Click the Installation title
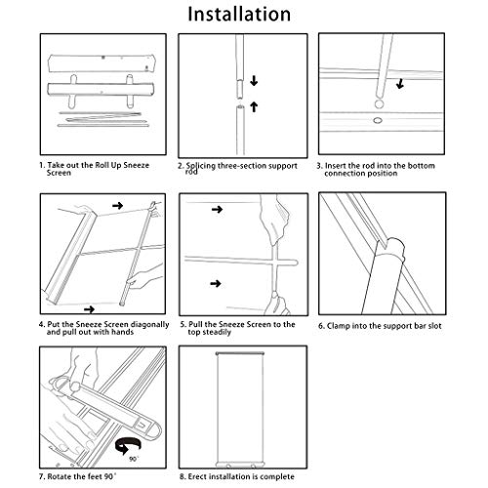(239, 15)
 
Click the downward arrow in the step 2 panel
(254, 81)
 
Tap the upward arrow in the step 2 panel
(254, 106)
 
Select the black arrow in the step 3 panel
(400, 84)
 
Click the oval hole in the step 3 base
(378, 121)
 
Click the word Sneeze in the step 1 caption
(137, 165)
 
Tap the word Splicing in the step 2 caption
(200, 166)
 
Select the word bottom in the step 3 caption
(421, 166)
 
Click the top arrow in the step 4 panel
(118, 205)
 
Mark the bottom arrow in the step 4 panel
(89, 309)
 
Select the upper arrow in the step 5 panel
(218, 209)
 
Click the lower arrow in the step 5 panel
(216, 284)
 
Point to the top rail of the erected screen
(240, 353)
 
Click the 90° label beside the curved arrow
(134, 459)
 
